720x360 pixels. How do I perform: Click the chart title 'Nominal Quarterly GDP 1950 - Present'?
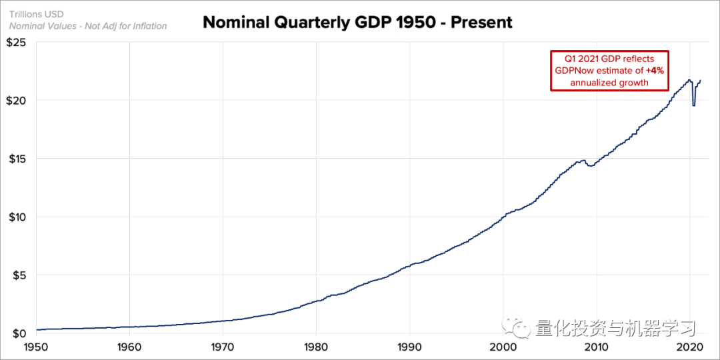(x=357, y=22)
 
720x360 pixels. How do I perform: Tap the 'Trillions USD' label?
(x=37, y=14)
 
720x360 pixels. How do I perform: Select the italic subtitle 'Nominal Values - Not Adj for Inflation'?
(x=88, y=26)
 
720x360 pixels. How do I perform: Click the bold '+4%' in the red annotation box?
(x=655, y=71)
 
